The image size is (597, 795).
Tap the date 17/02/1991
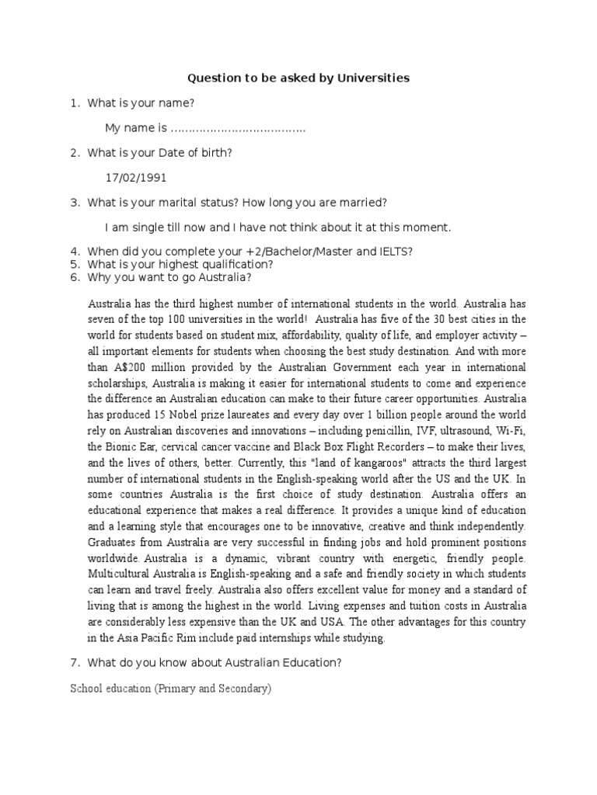(x=136, y=177)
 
